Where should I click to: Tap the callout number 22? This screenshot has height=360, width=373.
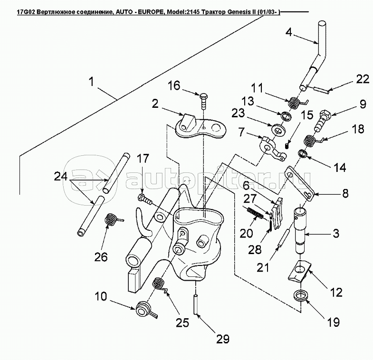pyautogui.click(x=363, y=80)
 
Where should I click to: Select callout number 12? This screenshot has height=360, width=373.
pyautogui.click(x=336, y=292)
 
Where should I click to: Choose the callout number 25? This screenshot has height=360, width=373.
pyautogui.click(x=183, y=322)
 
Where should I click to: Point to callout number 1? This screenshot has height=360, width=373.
pyautogui.click(x=91, y=82)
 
